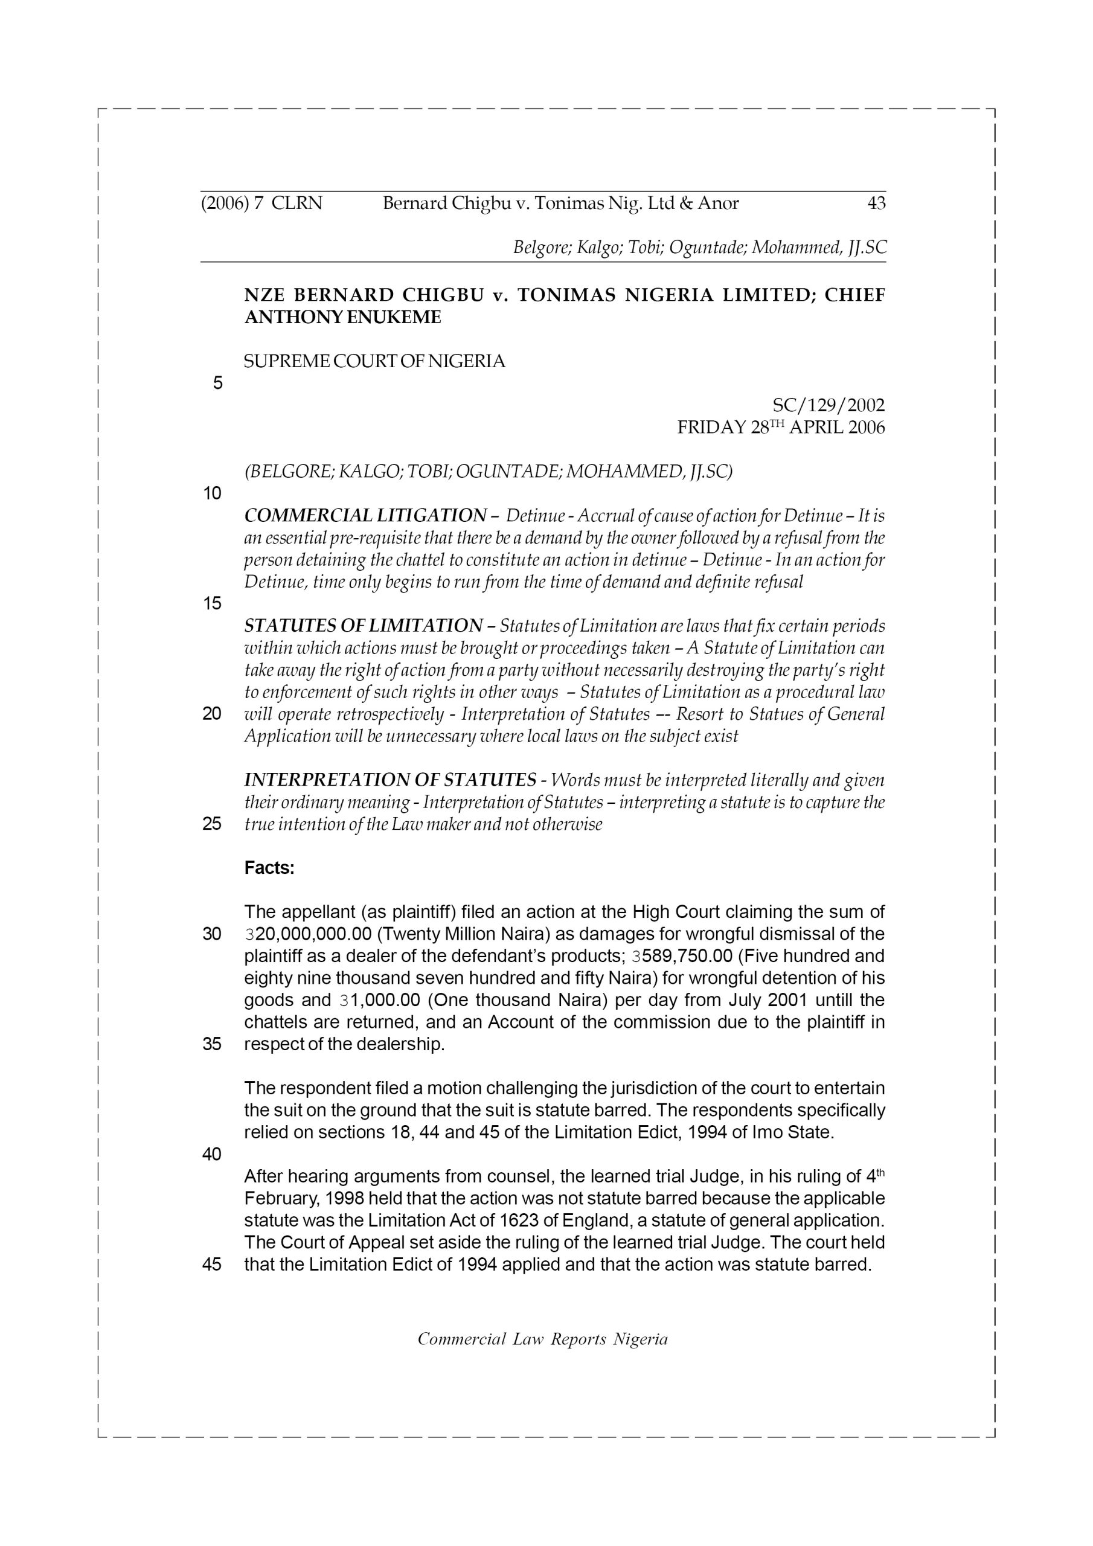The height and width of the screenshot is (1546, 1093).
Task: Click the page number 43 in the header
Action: tap(876, 204)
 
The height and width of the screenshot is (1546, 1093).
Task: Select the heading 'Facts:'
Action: tap(269, 868)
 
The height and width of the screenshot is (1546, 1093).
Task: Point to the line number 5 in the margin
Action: tap(217, 383)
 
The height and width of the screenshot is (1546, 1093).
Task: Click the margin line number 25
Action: tap(211, 824)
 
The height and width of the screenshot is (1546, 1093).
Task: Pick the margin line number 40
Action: tap(211, 1154)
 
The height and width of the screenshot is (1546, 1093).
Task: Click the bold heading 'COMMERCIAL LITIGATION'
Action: tap(364, 516)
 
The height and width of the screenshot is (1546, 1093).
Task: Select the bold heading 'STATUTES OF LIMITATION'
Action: tap(363, 626)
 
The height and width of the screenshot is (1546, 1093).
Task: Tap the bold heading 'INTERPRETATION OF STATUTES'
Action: tap(390, 780)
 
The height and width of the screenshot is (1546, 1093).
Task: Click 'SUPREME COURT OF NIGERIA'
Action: tap(374, 362)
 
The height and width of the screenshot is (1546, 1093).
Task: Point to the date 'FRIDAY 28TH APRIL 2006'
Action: tap(781, 428)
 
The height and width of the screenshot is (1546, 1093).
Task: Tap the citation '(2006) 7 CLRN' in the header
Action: tap(262, 204)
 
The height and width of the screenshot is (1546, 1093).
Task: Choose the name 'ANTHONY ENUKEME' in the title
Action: tap(342, 317)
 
